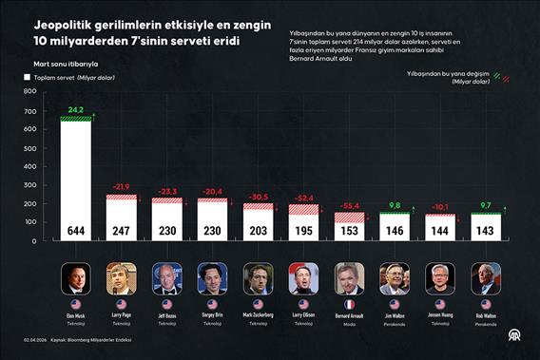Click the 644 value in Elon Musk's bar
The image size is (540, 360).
coord(76,230)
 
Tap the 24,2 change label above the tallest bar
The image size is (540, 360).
coord(76,111)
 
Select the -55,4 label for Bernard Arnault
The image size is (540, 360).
coord(349,205)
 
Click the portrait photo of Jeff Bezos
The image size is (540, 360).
coord(166,278)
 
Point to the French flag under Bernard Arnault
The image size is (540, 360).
coord(349,304)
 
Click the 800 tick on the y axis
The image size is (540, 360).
coord(29,91)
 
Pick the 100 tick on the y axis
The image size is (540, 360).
coord(29,221)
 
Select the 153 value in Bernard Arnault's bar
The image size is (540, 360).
coord(349,230)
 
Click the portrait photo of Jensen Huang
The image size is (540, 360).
coord(440,278)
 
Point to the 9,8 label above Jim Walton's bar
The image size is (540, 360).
coord(395,205)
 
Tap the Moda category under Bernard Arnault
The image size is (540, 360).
coord(349,323)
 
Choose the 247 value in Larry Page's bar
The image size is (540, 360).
coord(122,230)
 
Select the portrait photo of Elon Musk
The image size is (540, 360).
coord(76,278)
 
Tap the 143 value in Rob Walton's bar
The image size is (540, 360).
coord(486,230)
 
